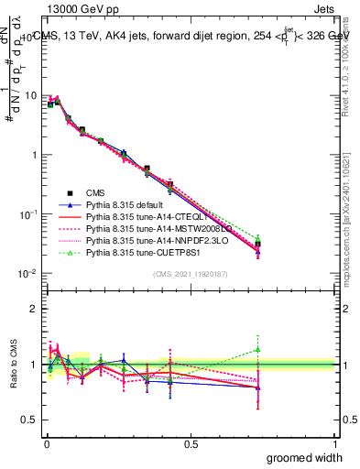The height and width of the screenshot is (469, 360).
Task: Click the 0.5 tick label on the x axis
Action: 191,443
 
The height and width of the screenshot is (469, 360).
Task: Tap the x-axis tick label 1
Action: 335,443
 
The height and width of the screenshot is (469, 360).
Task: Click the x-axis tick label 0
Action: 46,443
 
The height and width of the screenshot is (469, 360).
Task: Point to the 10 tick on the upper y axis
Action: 30,95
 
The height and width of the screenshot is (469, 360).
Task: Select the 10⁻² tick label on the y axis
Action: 27,274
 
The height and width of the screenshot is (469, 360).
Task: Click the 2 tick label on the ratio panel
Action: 34,309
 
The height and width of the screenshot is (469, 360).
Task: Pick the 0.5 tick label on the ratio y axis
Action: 30,421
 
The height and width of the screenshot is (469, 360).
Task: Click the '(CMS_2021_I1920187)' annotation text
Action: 190,274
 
